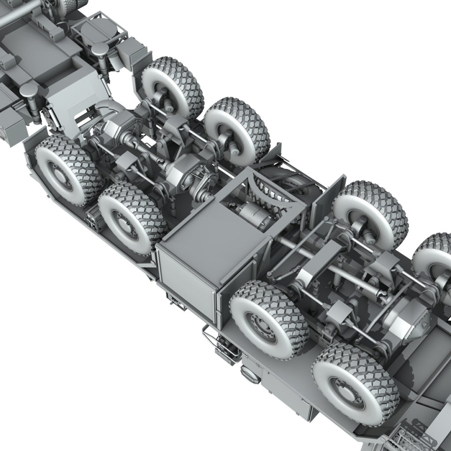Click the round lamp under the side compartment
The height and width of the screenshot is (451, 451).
click(x=250, y=374)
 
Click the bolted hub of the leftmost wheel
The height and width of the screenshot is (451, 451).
click(x=57, y=174)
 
